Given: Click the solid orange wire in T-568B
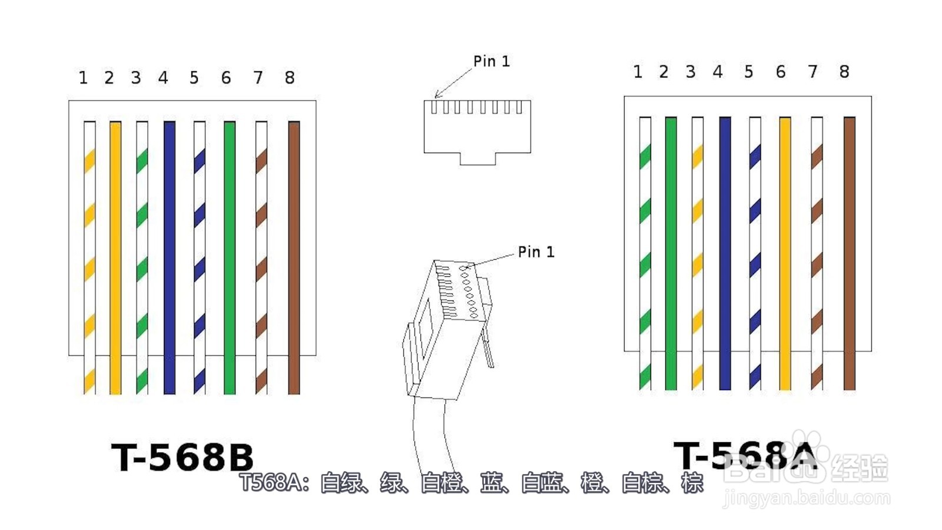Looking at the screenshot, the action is pos(115,258).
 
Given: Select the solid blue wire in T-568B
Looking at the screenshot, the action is pos(170,258).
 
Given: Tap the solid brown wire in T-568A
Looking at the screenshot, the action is pos(850,254).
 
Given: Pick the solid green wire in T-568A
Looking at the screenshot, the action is pos(671,254).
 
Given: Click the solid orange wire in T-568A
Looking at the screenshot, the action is pos(785,254).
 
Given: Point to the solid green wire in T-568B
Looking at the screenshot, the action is pos(230,258).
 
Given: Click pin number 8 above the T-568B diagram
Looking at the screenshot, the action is pos(290,77).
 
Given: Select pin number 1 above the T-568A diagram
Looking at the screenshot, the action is pos(638,72).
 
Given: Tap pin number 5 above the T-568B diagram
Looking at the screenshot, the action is pos(194,77).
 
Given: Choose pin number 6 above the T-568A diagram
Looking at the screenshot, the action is pos(781,72).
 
